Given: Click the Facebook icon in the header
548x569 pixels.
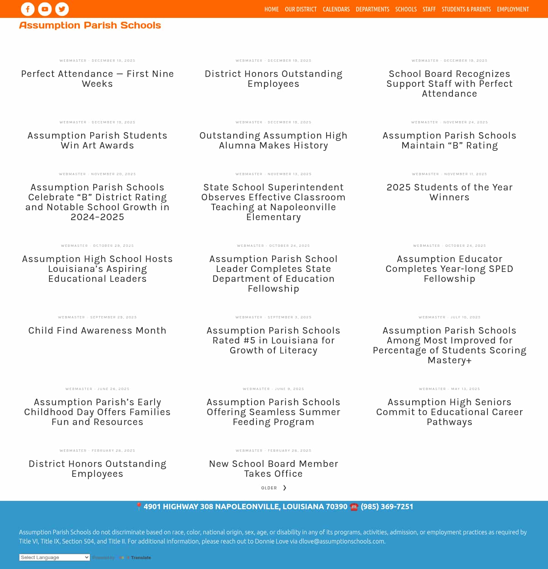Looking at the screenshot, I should pyautogui.click(x=28, y=9).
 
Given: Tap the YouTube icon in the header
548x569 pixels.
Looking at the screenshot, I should pyautogui.click(x=45, y=9).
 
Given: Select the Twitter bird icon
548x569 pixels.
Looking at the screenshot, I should pyautogui.click(x=62, y=9).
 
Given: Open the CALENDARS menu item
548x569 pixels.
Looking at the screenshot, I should pyautogui.click(x=336, y=9).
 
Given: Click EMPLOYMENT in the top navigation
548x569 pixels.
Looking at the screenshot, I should pyautogui.click(x=513, y=9).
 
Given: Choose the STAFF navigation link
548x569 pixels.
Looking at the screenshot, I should pyautogui.click(x=429, y=9).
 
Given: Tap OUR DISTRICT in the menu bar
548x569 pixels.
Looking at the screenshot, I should pyautogui.click(x=301, y=9).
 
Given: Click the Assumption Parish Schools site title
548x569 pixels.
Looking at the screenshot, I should pyautogui.click(x=90, y=26).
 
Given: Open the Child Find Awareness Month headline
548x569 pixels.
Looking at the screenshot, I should pyautogui.click(x=97, y=331).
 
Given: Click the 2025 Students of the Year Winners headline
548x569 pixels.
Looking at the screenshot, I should pyautogui.click(x=449, y=192).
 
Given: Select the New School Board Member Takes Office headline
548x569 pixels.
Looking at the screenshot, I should pyautogui.click(x=274, y=469).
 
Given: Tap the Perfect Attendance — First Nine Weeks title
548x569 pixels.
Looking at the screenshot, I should pyautogui.click(x=97, y=79).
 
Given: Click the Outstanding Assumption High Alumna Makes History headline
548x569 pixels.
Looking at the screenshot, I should pyautogui.click(x=274, y=141).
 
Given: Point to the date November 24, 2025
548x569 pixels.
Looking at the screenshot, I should pyautogui.click(x=465, y=122).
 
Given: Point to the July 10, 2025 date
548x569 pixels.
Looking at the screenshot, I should pyautogui.click(x=465, y=317).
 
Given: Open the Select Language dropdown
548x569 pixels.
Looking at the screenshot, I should pyautogui.click(x=54, y=558).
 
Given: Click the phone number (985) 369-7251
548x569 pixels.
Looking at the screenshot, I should pyautogui.click(x=387, y=507).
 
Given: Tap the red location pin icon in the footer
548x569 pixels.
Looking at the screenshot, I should pyautogui.click(x=139, y=507).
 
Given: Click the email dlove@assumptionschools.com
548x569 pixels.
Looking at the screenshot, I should pyautogui.click(x=342, y=541).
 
